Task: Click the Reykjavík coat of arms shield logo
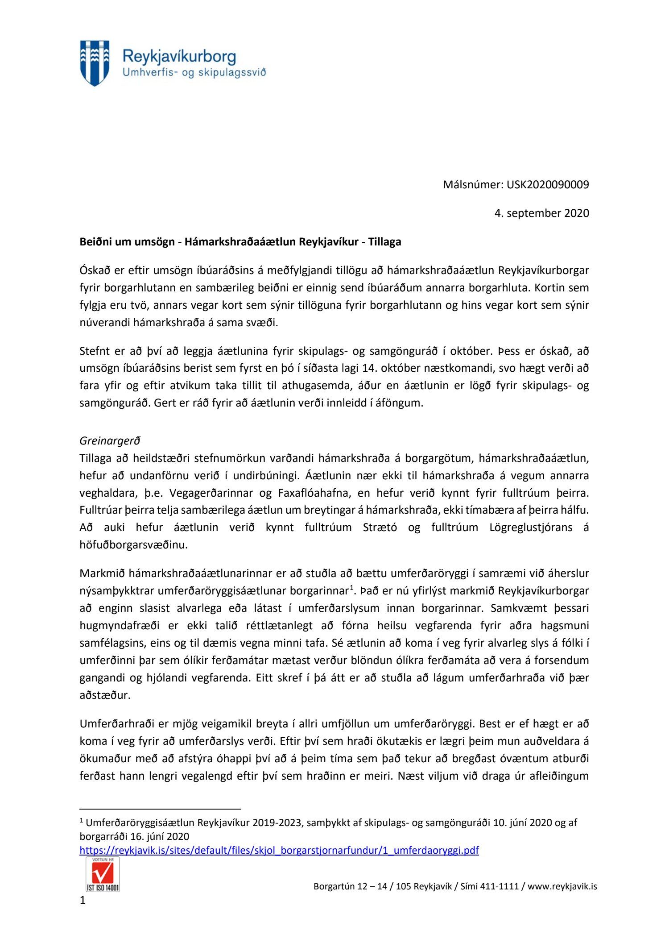pos(95,63)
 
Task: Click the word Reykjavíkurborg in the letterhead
pos(179,57)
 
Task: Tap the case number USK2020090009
pos(548,184)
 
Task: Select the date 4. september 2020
pos(541,213)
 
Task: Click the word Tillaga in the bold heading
pos(384,242)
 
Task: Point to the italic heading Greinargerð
pos(110,440)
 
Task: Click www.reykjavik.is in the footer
pos(562,886)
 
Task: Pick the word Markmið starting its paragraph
pos(101,573)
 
